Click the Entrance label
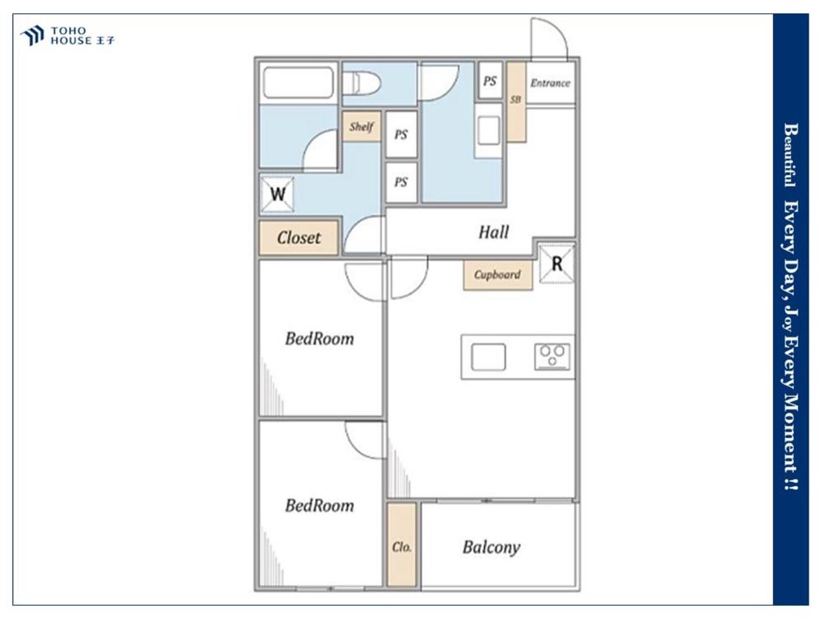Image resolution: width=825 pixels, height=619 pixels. pos(549,83)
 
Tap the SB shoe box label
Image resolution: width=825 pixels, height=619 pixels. pos(516,99)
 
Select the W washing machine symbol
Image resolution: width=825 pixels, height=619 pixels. pos(277,194)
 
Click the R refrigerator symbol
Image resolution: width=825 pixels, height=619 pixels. pos(557,263)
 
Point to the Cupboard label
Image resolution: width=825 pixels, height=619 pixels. pos(497,275)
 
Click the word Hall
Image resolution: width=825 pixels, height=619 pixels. pos(493,232)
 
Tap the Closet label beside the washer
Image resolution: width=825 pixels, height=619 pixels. pos(299,238)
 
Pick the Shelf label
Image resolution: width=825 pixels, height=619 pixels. pos(361,126)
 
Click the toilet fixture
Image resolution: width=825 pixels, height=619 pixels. pos(361,83)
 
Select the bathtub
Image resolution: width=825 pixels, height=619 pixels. pos(299,82)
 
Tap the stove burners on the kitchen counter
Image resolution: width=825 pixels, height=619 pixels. pos(553,356)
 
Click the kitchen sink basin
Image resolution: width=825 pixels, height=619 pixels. pos(488,357)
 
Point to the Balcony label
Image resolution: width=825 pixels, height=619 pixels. pos(492,547)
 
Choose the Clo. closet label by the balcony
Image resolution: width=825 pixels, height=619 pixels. pos(402,547)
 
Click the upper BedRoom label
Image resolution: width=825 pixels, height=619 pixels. pos(319,338)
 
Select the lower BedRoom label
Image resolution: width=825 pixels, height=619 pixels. pos(319,506)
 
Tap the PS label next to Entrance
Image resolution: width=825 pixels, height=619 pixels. pos(490,81)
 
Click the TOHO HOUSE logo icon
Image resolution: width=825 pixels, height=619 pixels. pos(33,35)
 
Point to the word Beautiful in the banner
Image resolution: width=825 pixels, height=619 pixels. pos(790,155)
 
